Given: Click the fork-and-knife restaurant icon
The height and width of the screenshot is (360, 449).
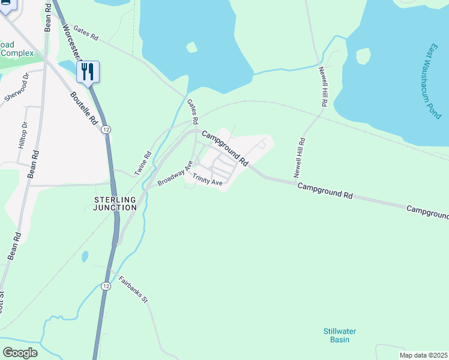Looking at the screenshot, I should (89, 72).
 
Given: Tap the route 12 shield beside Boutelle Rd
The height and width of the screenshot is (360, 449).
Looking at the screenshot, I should (106, 129).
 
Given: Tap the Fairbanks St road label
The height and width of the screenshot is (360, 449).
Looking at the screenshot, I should (133, 289).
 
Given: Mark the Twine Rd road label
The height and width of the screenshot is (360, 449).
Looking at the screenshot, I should (142, 163).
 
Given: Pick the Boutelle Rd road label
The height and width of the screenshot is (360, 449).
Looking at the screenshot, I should (83, 107).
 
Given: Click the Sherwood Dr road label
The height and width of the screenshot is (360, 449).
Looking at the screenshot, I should (17, 88).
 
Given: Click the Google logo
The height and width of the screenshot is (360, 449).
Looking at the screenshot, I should (20, 353).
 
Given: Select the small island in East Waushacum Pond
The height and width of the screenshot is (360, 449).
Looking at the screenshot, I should (363, 56).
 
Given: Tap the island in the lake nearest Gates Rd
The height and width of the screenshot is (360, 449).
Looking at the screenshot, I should (192, 47).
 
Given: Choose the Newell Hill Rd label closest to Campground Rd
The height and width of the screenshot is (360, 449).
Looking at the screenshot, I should (299, 158).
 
